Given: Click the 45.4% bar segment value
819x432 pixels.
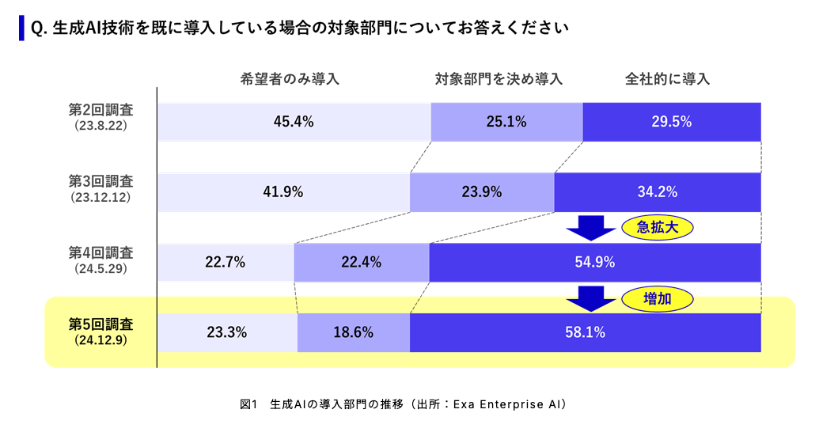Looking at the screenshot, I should [x=294, y=122].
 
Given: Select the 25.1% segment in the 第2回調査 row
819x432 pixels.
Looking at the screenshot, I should [x=506, y=122].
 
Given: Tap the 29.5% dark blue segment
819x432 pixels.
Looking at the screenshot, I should [x=672, y=122].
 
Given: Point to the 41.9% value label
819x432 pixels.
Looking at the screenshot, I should [x=283, y=192].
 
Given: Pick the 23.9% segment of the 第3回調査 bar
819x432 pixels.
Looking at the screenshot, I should [x=482, y=192].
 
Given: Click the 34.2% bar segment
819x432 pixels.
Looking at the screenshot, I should [x=658, y=192].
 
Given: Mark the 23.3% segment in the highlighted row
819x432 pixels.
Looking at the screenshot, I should [x=226, y=333].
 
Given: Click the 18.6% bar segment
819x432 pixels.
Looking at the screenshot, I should [x=353, y=333].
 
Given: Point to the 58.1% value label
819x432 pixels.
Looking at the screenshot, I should [x=585, y=333].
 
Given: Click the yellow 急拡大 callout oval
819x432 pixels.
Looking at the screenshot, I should [x=658, y=228].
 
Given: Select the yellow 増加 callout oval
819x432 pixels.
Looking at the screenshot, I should [x=658, y=298].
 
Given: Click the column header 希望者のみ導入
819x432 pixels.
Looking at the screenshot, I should [x=290, y=79].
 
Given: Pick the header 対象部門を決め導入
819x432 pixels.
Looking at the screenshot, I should [x=499, y=79].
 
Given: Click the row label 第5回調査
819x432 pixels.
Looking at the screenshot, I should [x=100, y=324].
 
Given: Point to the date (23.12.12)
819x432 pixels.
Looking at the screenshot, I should [x=100, y=196].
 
